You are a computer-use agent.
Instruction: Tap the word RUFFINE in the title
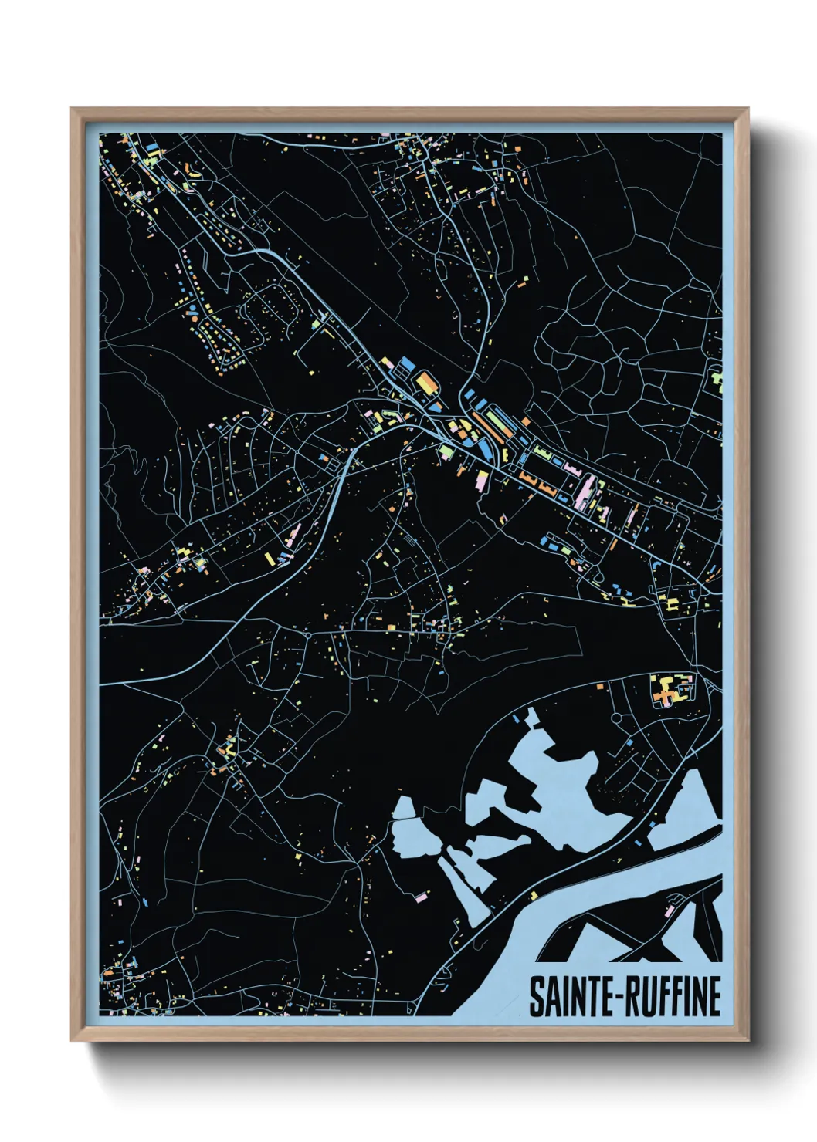[672, 996]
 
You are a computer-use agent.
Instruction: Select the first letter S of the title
[536, 996]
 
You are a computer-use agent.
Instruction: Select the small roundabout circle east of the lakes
[615, 718]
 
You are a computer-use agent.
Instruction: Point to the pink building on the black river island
[669, 911]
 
